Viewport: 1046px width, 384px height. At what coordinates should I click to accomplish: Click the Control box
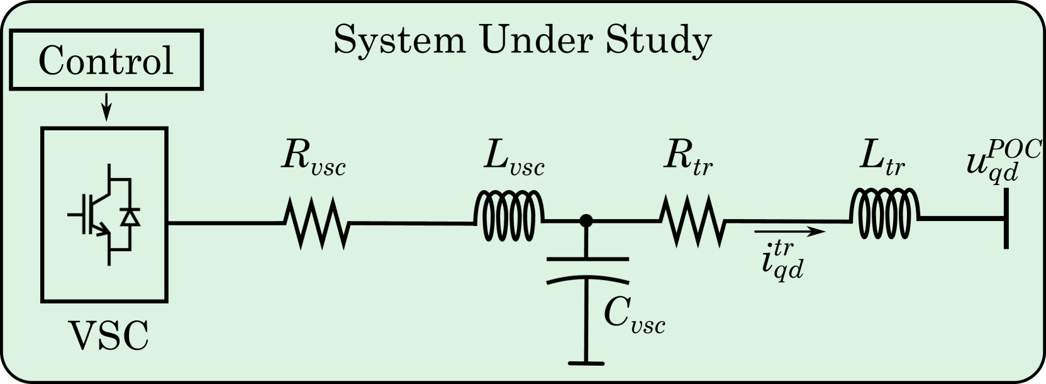(106, 62)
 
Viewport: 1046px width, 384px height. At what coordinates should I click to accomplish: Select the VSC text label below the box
(108, 335)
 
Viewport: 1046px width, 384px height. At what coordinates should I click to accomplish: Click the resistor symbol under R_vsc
(314, 222)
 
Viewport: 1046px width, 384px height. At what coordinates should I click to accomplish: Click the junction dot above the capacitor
(586, 220)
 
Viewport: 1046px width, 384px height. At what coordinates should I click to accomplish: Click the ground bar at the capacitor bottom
(586, 363)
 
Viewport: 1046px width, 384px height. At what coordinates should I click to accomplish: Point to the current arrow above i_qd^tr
(789, 232)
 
